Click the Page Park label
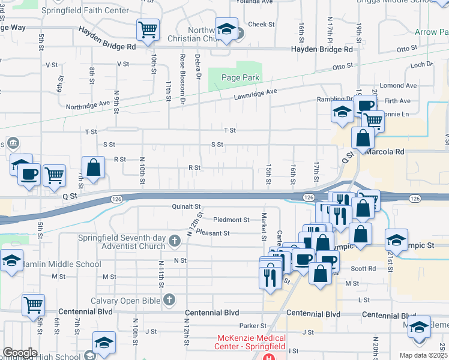(x=240, y=77)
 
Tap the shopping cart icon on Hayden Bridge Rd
(x=148, y=29)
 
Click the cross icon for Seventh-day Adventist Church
(x=174, y=241)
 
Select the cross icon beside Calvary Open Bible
(x=169, y=299)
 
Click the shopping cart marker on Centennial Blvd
(x=33, y=304)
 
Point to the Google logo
(x=20, y=353)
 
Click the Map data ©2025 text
(x=424, y=355)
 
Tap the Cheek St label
(x=261, y=25)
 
